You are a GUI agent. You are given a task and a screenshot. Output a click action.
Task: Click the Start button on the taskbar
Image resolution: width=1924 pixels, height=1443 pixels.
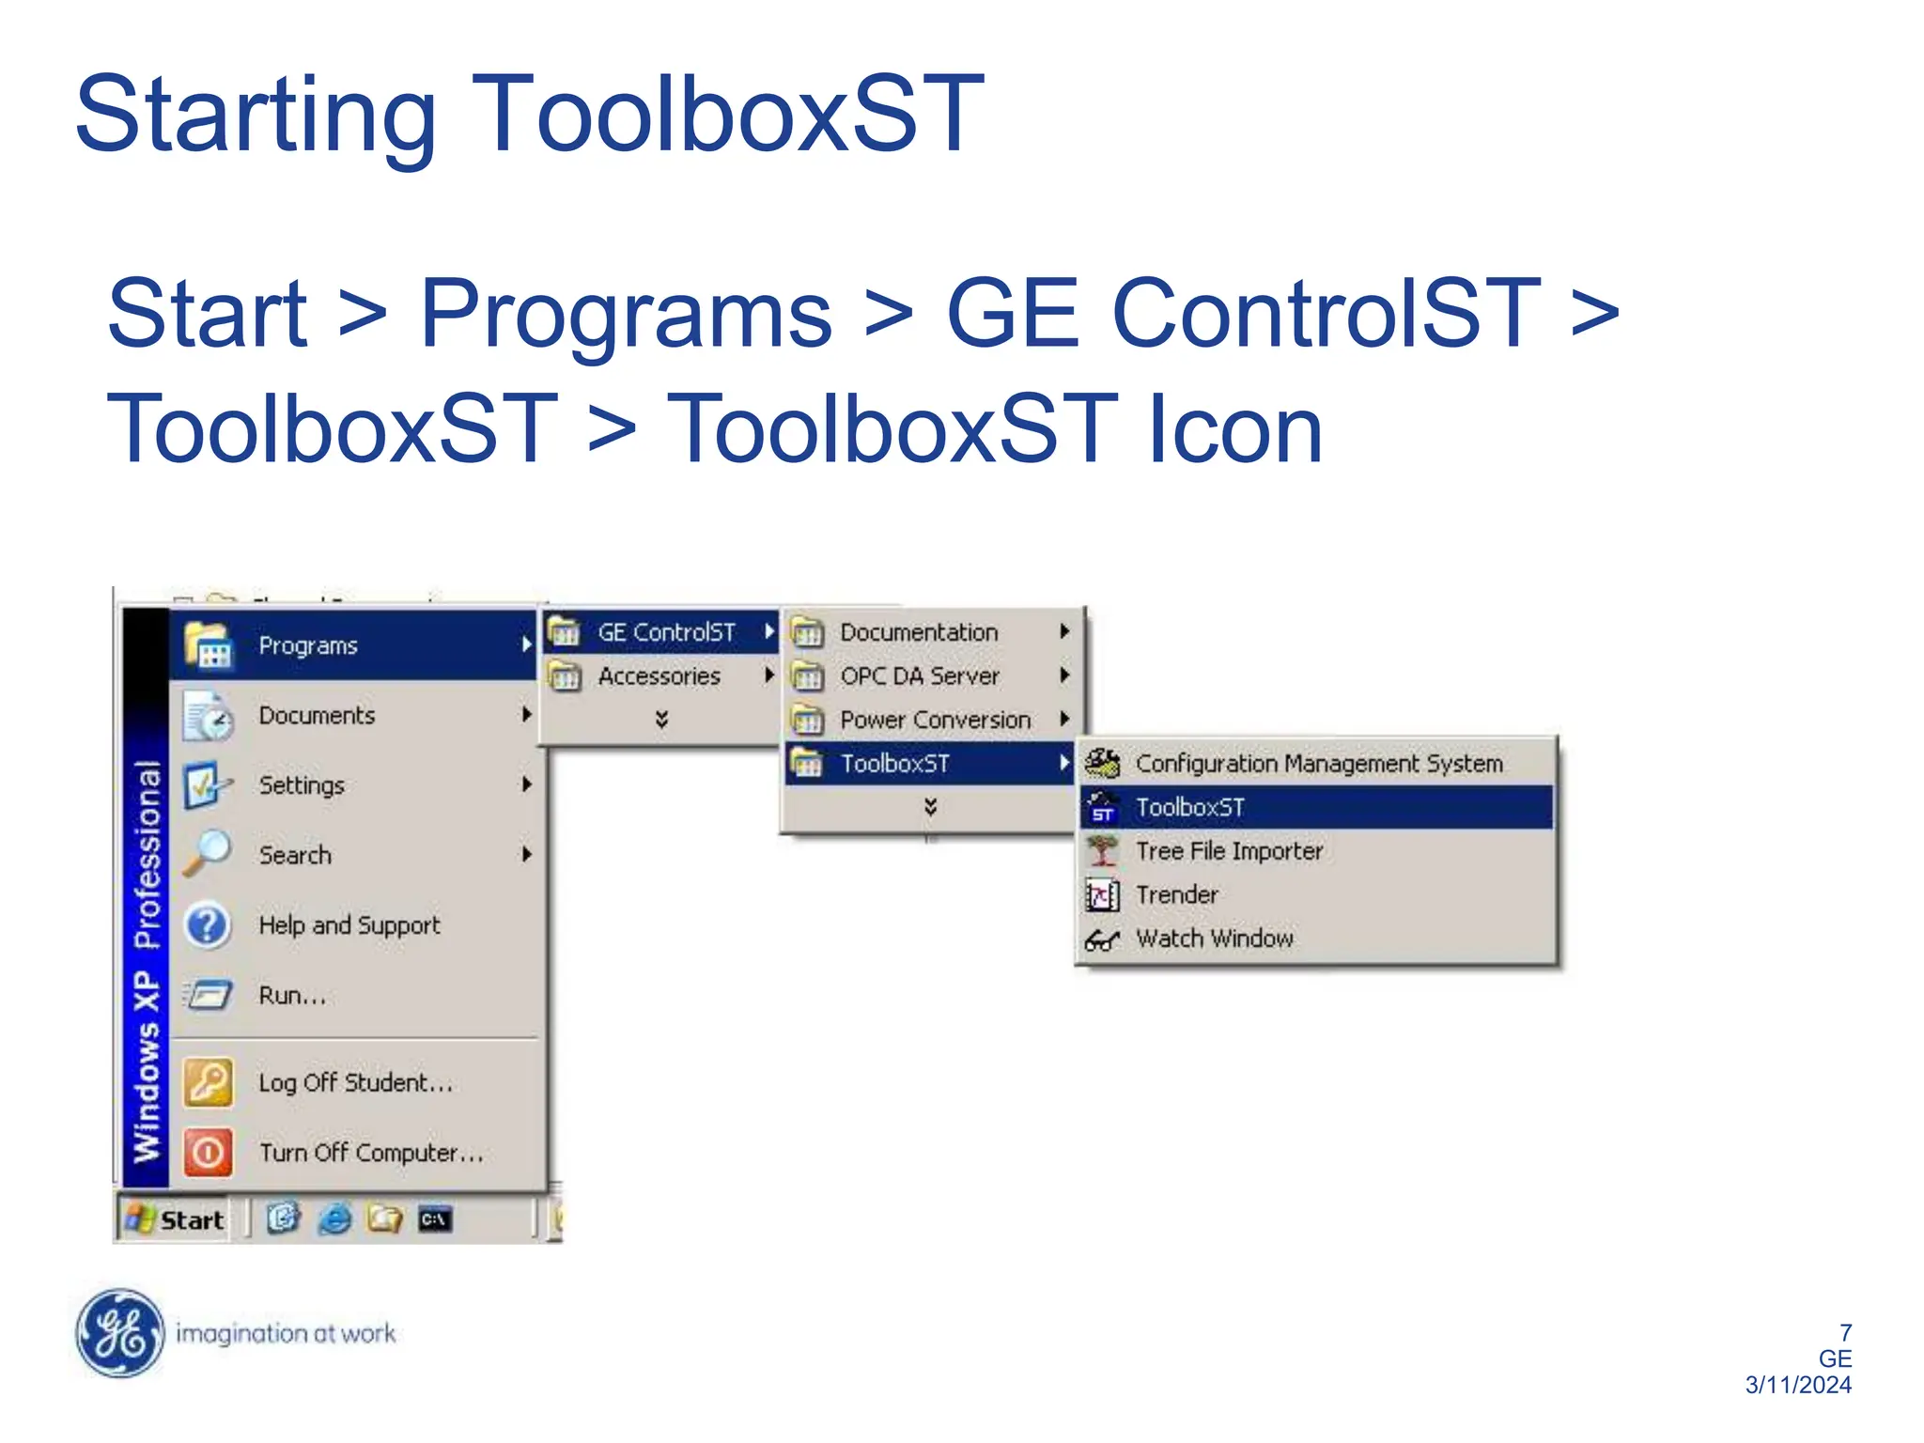(x=177, y=1219)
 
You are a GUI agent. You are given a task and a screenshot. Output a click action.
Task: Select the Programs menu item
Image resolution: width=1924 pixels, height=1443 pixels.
(x=308, y=645)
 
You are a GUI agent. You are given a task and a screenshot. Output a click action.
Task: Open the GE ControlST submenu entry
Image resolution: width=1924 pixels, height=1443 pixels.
(x=665, y=632)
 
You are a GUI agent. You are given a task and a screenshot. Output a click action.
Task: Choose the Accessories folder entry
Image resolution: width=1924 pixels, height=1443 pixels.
(x=659, y=676)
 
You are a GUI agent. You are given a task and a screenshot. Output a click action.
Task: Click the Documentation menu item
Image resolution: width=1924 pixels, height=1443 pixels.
(x=918, y=632)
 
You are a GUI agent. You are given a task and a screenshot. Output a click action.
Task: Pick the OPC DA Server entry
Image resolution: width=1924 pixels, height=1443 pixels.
(x=918, y=676)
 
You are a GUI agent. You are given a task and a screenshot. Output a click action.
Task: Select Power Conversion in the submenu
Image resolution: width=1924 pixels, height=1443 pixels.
(x=934, y=721)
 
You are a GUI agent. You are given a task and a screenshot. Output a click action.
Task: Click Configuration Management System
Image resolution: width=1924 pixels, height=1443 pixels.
(x=1317, y=764)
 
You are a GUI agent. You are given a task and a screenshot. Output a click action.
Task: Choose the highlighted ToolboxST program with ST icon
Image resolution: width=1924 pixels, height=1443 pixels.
(x=1189, y=808)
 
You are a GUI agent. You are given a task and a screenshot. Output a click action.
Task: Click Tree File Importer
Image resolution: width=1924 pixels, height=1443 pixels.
(x=1228, y=851)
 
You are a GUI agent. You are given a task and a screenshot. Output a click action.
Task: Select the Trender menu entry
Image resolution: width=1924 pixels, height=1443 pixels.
(x=1176, y=895)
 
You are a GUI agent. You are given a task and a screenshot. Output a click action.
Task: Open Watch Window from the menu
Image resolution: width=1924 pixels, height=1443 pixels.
(x=1214, y=939)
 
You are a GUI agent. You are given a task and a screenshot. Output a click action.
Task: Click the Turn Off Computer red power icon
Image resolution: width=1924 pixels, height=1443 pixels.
(x=208, y=1152)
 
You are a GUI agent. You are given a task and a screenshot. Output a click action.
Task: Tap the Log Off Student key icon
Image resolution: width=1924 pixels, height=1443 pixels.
(x=208, y=1082)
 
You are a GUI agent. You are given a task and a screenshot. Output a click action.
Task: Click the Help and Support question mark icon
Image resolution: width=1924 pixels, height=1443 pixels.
(x=208, y=925)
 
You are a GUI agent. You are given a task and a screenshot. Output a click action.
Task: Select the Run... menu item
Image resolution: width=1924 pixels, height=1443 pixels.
(x=292, y=996)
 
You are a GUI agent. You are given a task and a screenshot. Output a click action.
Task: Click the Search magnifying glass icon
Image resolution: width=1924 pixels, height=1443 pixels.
(x=208, y=853)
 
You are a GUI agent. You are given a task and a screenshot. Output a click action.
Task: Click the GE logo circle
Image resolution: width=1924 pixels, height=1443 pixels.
(x=119, y=1333)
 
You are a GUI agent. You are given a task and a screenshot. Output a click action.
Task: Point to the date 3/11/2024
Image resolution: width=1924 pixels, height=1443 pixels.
(x=1797, y=1385)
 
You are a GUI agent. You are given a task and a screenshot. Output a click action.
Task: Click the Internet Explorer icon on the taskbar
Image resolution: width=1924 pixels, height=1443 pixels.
(x=334, y=1219)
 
